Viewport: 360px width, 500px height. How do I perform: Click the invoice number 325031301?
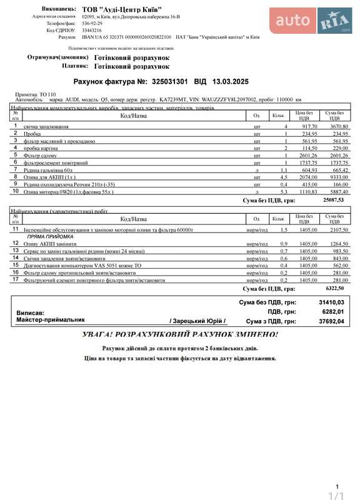(171, 81)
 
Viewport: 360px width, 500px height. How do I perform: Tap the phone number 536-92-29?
(92, 22)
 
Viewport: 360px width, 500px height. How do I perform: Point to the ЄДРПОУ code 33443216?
(92, 30)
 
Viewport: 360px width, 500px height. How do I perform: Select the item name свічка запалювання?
(46, 126)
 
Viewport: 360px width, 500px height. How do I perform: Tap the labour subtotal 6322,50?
(334, 289)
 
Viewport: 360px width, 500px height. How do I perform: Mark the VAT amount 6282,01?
(332, 311)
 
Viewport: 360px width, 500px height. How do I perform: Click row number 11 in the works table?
(16, 229)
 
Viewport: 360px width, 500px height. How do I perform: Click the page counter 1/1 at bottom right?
(337, 495)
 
